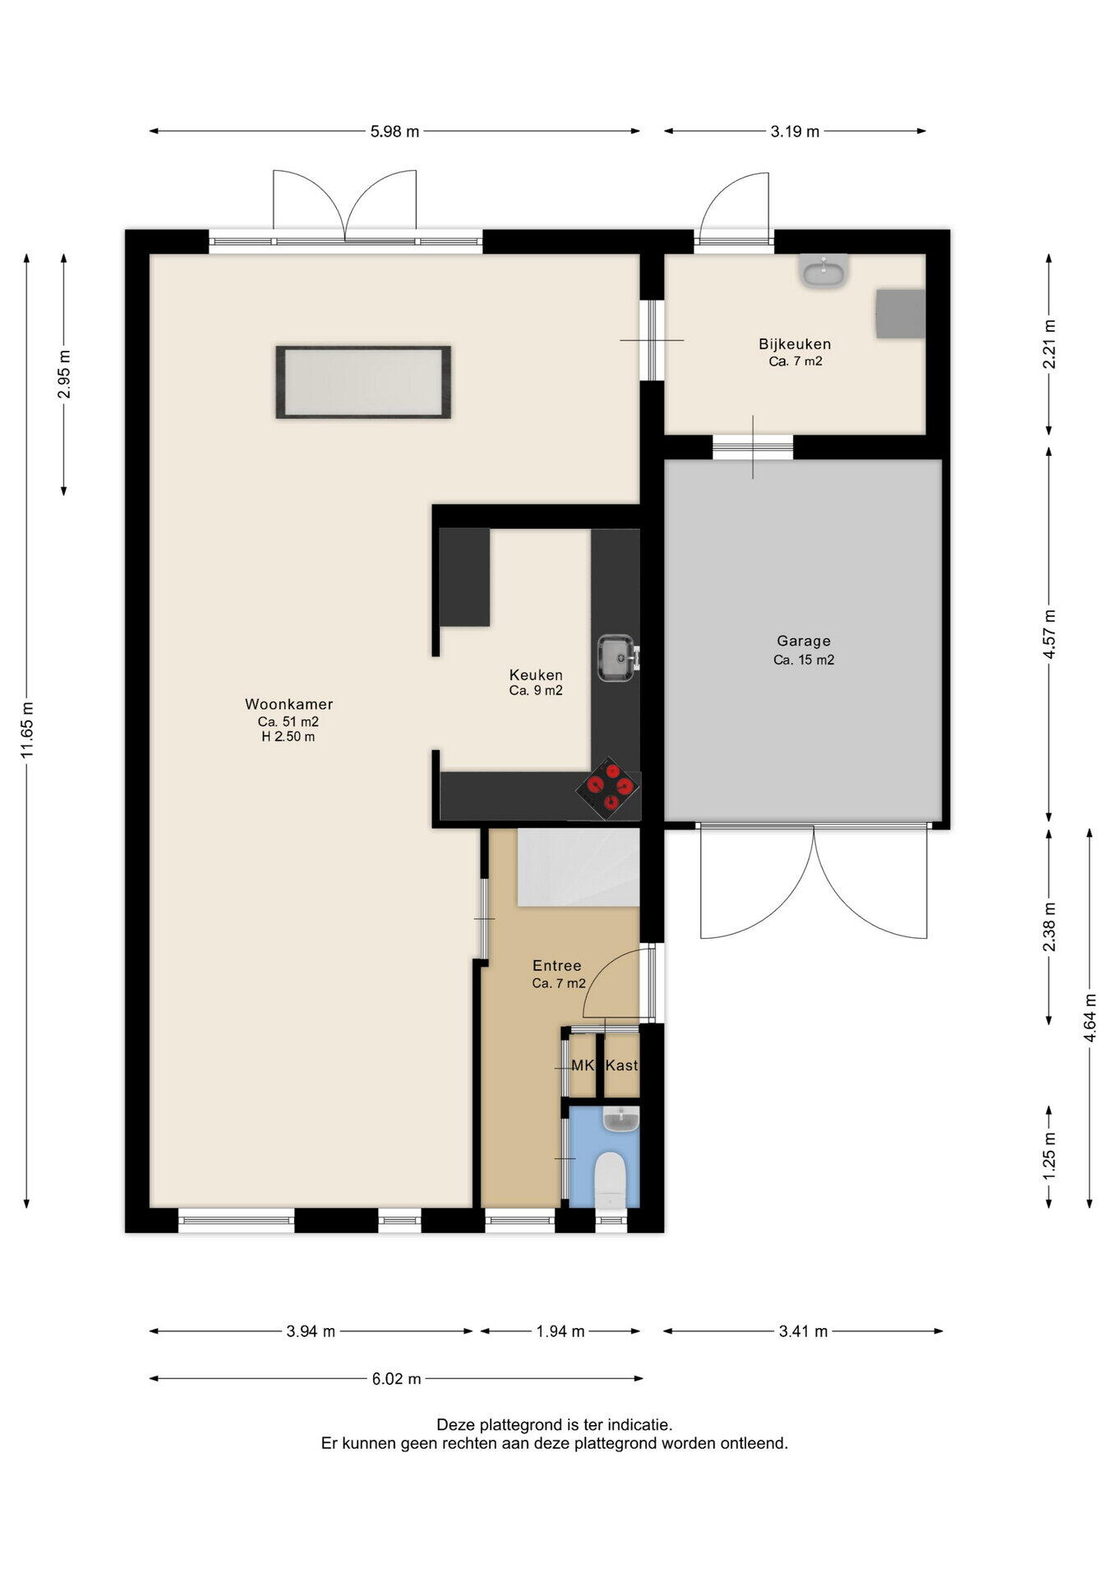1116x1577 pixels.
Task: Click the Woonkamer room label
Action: (x=288, y=704)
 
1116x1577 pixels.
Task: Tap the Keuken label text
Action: (x=536, y=675)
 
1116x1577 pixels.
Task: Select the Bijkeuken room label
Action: (x=795, y=344)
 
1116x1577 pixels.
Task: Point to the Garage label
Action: (x=804, y=641)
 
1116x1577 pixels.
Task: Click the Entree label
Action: (x=557, y=966)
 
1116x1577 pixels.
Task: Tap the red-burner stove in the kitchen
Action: (x=608, y=788)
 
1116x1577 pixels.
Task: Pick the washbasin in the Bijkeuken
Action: (x=823, y=270)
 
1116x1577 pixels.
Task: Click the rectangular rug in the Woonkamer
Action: (x=363, y=383)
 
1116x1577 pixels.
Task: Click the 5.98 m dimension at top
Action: (x=394, y=131)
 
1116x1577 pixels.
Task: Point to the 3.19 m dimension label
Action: (x=795, y=131)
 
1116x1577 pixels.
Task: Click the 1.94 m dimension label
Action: (x=560, y=1331)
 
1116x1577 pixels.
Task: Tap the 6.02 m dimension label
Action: (x=396, y=1379)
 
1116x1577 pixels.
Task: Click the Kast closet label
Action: (x=621, y=1065)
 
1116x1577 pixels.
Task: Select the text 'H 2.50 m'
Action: (x=288, y=737)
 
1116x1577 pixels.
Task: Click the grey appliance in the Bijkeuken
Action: (x=900, y=313)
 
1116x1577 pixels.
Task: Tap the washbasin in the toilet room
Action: (x=621, y=1119)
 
